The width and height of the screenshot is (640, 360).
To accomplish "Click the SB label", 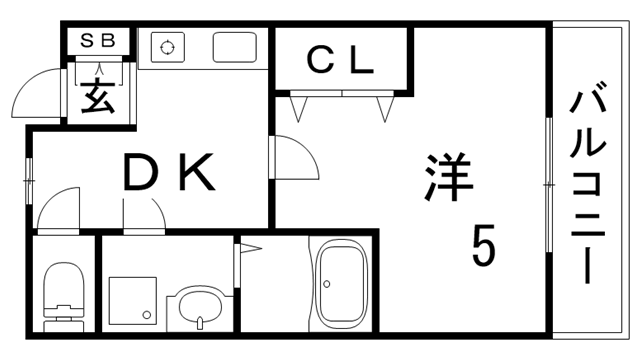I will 97,41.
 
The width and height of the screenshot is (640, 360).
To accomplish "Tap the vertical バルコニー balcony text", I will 590,185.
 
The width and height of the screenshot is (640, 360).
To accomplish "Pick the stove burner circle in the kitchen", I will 167,46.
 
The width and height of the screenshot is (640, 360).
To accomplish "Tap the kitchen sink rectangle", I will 234,46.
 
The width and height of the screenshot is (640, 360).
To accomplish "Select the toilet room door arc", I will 57,207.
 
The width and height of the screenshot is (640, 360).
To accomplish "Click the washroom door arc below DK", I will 145,211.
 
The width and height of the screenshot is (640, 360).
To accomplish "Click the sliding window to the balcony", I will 548,185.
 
